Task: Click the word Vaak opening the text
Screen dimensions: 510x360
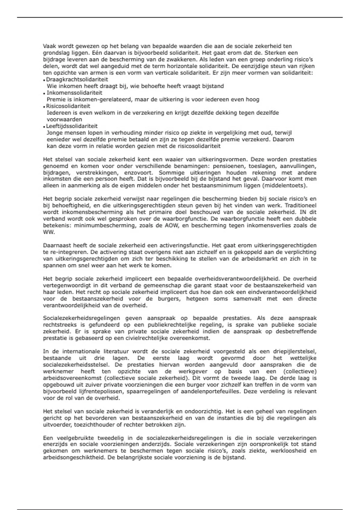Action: coord(49,46)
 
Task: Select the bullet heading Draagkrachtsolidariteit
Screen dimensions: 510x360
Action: coord(77,79)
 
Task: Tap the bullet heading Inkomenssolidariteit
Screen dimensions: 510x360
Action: coord(74,93)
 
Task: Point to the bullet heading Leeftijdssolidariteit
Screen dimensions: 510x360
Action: coord(72,126)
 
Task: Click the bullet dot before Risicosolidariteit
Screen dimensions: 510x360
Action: coord(44,106)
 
